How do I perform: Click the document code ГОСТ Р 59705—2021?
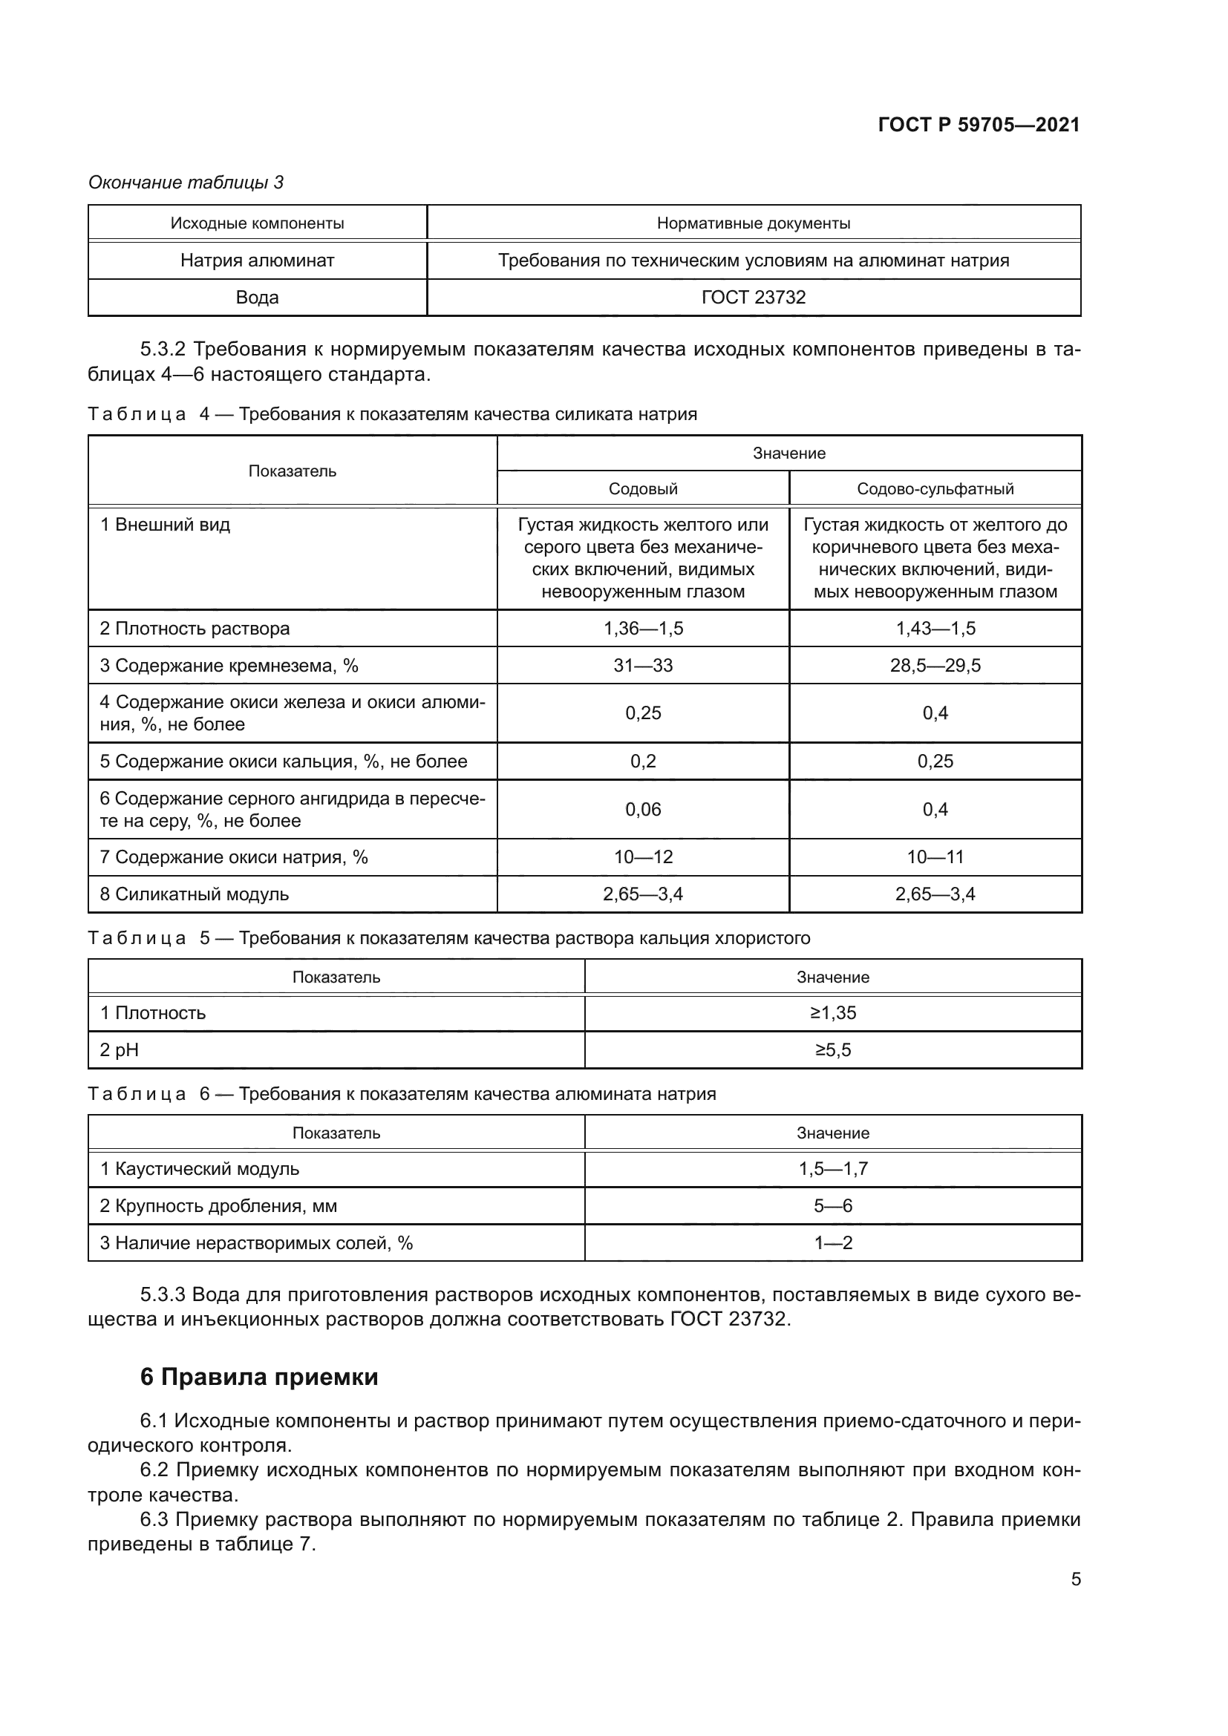979,125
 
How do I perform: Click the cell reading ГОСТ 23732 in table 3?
753,297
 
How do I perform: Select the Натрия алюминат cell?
257,260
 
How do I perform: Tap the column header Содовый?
643,488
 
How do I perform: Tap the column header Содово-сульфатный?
935,488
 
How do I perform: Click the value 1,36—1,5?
643,629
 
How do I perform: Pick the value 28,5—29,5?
935,665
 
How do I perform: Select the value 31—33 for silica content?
643,665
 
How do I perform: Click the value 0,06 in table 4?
643,809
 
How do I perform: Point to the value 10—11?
935,856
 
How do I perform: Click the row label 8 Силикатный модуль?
195,894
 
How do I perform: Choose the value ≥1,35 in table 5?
832,1012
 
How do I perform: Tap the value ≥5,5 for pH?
832,1049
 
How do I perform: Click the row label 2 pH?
120,1049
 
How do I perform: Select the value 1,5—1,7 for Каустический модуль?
832,1168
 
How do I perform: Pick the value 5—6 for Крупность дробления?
832,1205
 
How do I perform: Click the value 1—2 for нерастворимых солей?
832,1242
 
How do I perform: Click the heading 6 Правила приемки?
258,1377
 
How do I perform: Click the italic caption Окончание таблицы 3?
186,183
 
